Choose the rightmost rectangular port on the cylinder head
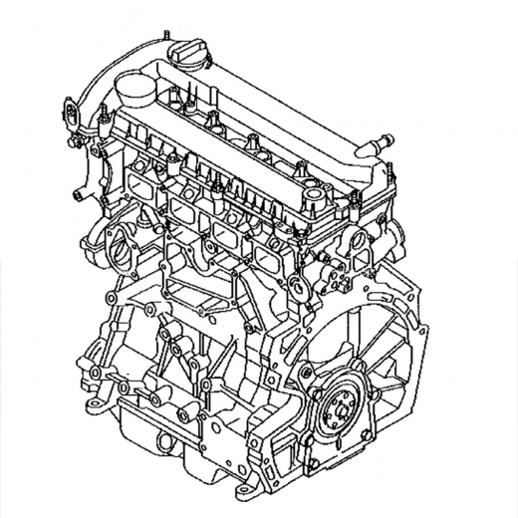[266, 258]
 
